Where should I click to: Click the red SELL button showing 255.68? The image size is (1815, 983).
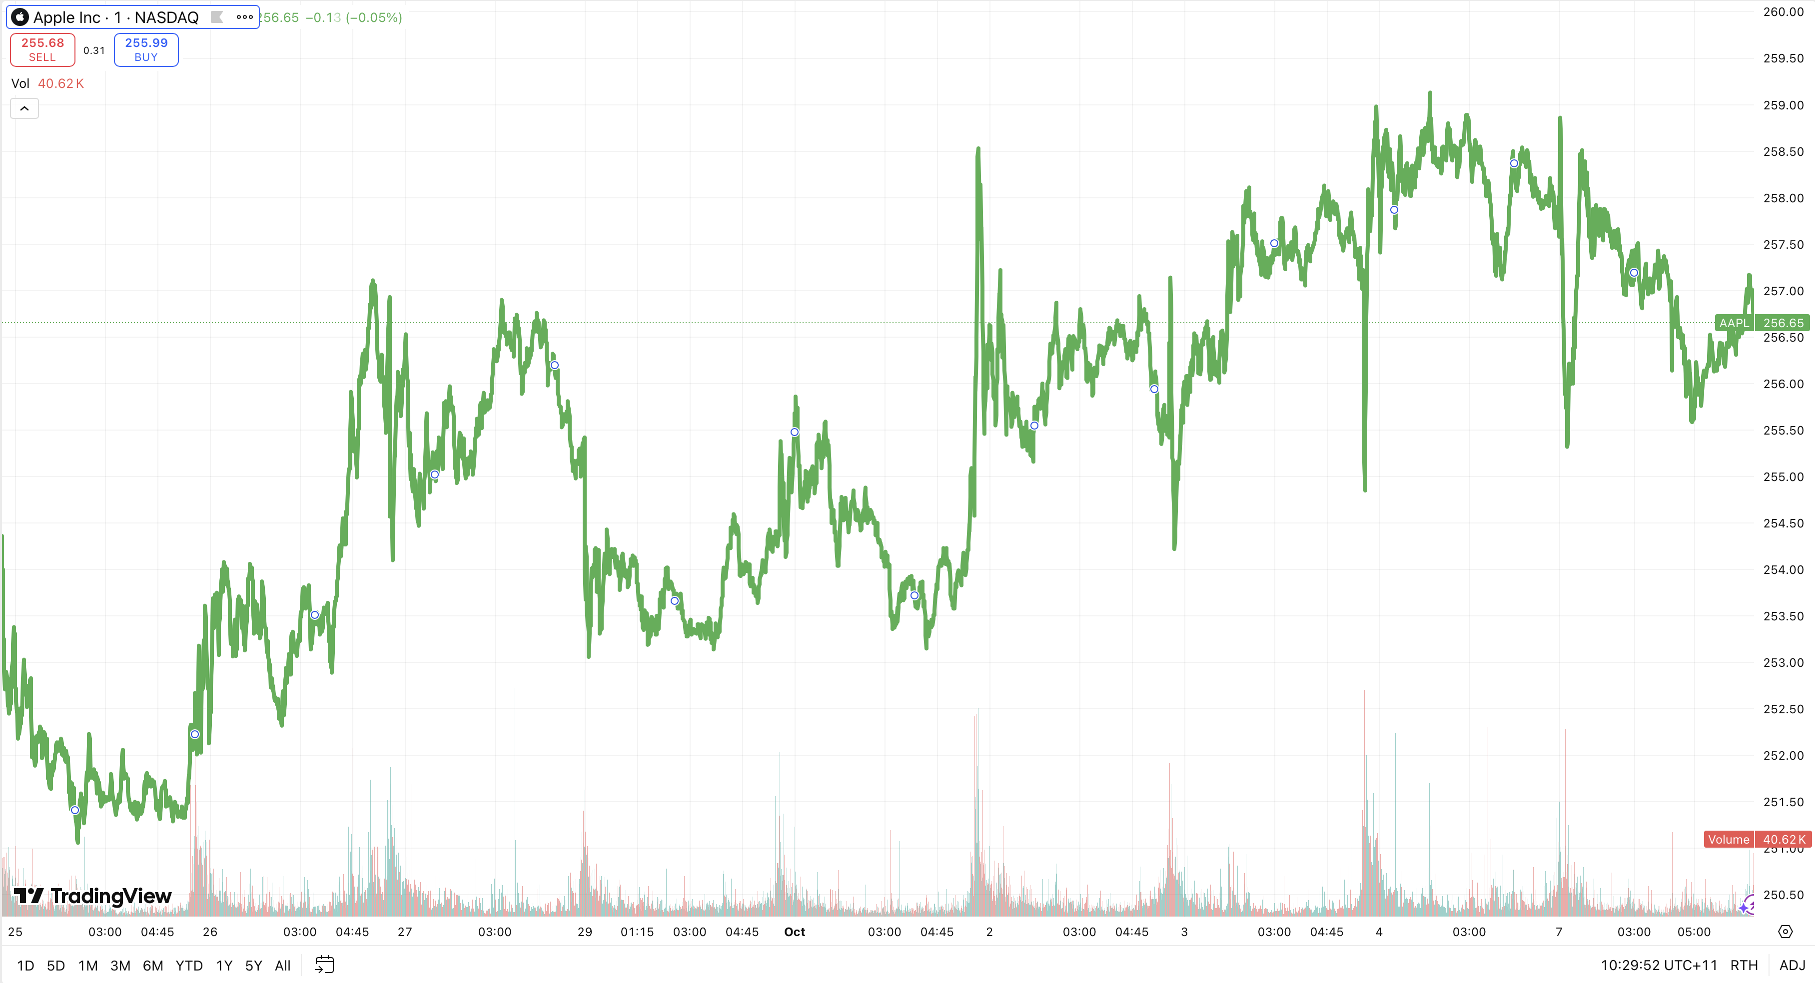[42, 50]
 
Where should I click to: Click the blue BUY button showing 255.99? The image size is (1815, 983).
[146, 50]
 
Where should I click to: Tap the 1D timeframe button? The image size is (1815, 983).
[25, 966]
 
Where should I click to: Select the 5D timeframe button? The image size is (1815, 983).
[55, 966]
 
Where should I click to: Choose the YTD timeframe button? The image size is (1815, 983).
[189, 966]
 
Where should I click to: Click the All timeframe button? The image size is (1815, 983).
[282, 966]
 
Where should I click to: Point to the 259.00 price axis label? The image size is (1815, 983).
[1783, 105]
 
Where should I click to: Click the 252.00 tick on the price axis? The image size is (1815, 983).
[1783, 756]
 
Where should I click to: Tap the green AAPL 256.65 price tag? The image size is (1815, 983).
[1762, 323]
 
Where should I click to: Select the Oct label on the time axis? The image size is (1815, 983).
[794, 932]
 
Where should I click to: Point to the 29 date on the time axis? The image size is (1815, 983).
[585, 932]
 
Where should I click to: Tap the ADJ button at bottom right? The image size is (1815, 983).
[1792, 966]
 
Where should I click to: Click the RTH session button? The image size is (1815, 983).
[1744, 966]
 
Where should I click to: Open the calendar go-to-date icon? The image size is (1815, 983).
[324, 965]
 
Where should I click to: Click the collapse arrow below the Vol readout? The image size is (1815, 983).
[24, 108]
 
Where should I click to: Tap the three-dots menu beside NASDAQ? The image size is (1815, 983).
[244, 17]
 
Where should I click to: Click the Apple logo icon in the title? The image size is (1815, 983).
[19, 17]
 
